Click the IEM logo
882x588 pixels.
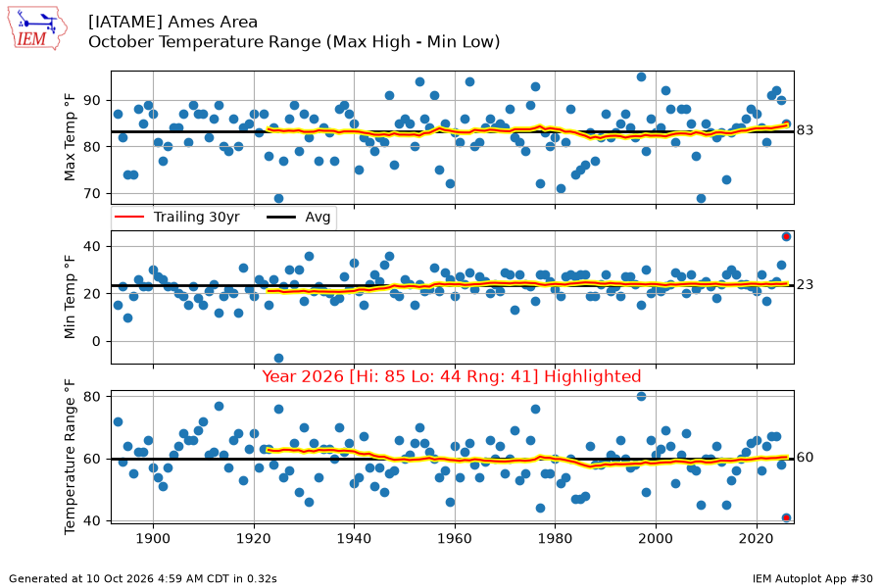37,28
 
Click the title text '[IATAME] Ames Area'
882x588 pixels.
172,22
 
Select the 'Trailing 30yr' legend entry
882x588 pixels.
177,218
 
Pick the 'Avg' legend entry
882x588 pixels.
299,218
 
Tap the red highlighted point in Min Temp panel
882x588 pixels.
786,237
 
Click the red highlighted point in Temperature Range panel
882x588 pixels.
786,517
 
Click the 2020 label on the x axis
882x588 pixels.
757,538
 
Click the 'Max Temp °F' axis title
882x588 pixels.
70,138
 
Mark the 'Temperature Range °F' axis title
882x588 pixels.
70,457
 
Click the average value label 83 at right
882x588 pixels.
805,130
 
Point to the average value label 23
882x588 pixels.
805,285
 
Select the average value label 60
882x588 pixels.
805,458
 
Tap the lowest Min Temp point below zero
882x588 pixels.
278,359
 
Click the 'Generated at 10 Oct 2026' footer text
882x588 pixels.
143,578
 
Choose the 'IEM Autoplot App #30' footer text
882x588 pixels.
812,578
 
